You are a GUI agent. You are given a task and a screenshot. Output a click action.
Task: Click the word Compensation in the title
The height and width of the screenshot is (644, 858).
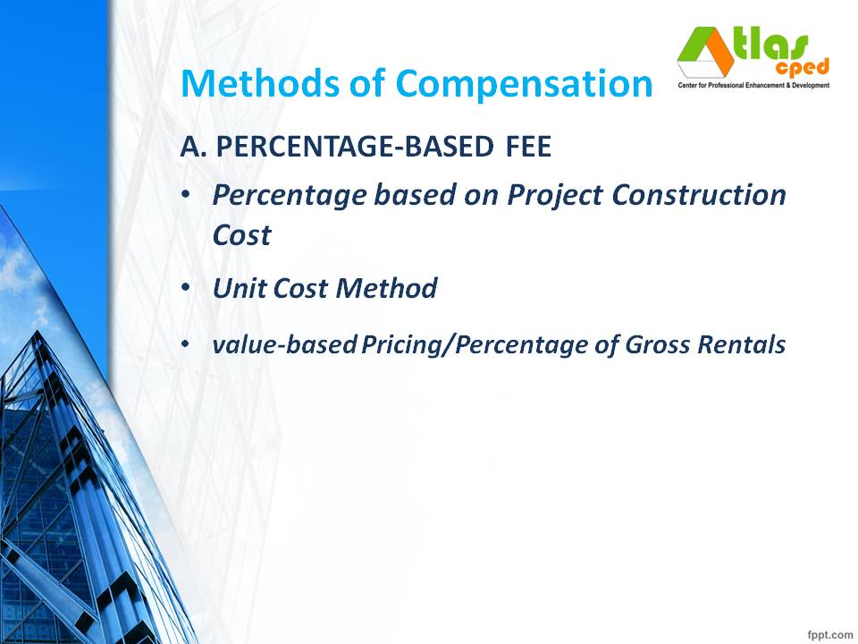coord(525,84)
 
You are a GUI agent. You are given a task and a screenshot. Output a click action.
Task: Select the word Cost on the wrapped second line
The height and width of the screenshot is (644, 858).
coord(241,235)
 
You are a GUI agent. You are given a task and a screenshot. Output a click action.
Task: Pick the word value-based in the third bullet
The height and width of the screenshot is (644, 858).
coord(284,344)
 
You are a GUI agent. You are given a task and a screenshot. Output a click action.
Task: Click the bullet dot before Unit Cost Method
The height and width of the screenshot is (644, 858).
coord(186,289)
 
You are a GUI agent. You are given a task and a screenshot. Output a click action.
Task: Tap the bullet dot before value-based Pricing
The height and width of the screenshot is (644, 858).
coord(186,344)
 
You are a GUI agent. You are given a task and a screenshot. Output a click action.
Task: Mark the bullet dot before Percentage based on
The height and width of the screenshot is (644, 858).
coord(186,195)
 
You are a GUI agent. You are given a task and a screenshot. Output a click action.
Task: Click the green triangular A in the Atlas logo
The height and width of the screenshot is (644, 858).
coord(702,54)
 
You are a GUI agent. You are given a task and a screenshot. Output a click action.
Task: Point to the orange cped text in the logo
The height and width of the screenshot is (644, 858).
coord(803,67)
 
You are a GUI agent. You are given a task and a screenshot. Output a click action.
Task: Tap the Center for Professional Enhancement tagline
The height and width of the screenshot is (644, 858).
coord(752,85)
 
